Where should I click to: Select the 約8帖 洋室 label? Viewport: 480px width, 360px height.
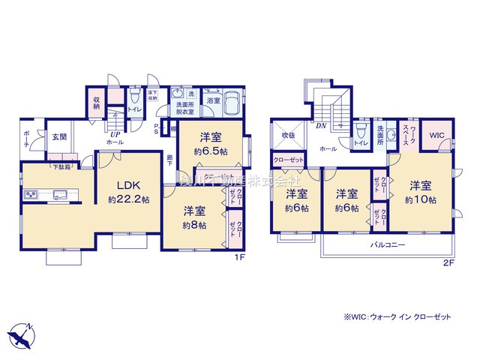click(x=193, y=218)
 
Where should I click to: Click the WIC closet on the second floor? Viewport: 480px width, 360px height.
click(x=436, y=136)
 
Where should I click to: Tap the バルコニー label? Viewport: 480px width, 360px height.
click(x=387, y=245)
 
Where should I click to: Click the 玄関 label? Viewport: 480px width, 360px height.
click(x=60, y=137)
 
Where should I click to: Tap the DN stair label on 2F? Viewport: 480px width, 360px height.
click(x=321, y=125)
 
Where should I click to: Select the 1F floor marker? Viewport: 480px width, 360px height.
click(x=240, y=259)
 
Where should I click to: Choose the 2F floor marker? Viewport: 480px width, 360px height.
click(x=448, y=262)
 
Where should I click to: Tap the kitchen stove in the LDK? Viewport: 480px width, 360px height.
click(x=33, y=196)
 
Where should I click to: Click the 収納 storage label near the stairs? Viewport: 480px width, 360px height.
click(x=97, y=103)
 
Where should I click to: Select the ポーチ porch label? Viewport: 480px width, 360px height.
click(x=27, y=139)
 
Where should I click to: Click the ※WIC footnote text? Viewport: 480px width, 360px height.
click(x=398, y=317)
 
